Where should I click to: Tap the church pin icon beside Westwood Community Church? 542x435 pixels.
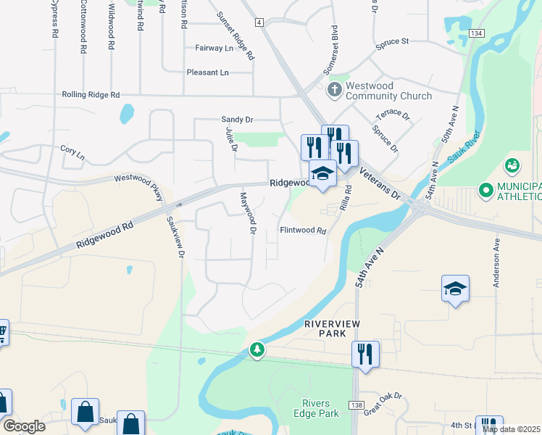pyautogui.click(x=334, y=90)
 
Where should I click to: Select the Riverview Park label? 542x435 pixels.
pyautogui.click(x=332, y=328)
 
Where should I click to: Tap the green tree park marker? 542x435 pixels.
pyautogui.click(x=257, y=350)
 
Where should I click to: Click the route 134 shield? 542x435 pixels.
pyautogui.click(x=475, y=34)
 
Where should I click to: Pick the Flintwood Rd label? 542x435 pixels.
pyautogui.click(x=304, y=231)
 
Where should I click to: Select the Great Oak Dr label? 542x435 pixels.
pyautogui.click(x=383, y=404)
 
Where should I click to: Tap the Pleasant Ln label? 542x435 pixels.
pyautogui.click(x=207, y=72)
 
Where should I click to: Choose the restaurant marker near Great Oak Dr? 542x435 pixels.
pyautogui.click(x=364, y=355)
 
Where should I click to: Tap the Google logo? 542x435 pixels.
pyautogui.click(x=25, y=426)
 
